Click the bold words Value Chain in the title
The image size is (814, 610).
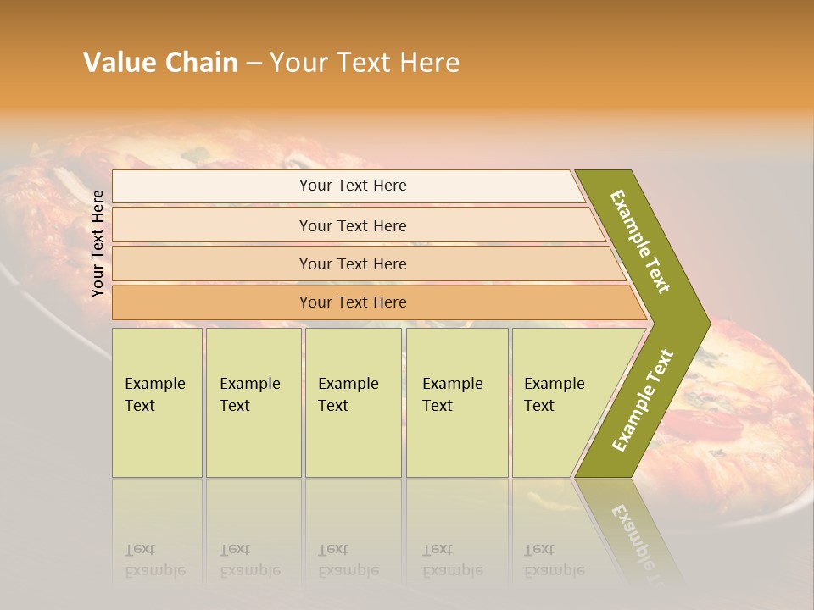160,63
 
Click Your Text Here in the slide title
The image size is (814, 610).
365,63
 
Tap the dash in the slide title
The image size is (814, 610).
254,64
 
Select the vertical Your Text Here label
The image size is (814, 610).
98,244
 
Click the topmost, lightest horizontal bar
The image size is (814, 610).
352,186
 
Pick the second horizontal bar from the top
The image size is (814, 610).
352,225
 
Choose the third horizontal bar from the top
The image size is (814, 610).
352,263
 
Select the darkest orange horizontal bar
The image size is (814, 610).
352,302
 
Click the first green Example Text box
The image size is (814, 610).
157,402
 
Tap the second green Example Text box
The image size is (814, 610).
254,402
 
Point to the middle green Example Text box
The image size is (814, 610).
353,402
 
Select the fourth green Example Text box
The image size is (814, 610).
457,402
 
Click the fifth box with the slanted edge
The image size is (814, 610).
560,402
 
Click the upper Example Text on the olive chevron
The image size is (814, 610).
640,241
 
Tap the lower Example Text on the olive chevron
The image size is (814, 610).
643,400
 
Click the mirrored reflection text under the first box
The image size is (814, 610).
154,561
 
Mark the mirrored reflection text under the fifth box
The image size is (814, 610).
554,561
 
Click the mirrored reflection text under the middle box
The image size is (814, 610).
348,561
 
